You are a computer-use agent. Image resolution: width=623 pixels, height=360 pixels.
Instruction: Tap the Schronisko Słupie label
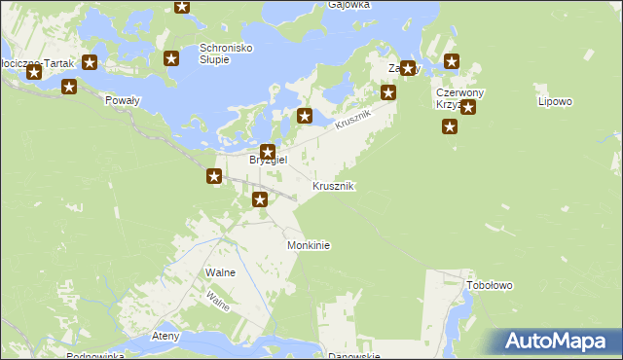click(x=227, y=54)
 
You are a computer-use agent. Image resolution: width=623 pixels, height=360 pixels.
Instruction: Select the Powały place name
click(x=123, y=98)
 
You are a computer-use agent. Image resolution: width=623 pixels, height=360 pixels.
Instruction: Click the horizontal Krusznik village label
click(x=333, y=186)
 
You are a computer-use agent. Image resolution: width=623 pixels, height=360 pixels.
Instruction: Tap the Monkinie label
click(x=309, y=246)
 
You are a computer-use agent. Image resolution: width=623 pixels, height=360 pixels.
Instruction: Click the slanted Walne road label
click(x=218, y=301)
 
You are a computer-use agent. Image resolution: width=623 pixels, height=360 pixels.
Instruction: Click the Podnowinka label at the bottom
click(x=95, y=356)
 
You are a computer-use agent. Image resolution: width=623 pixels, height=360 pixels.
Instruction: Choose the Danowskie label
click(x=352, y=356)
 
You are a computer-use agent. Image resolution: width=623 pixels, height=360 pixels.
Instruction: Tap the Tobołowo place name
click(x=490, y=286)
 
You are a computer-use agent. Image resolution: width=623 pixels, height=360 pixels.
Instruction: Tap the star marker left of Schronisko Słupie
click(x=172, y=58)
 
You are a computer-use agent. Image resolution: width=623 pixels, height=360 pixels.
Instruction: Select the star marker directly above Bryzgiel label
click(x=267, y=151)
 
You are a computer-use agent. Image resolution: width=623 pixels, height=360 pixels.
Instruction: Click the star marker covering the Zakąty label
click(x=409, y=68)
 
